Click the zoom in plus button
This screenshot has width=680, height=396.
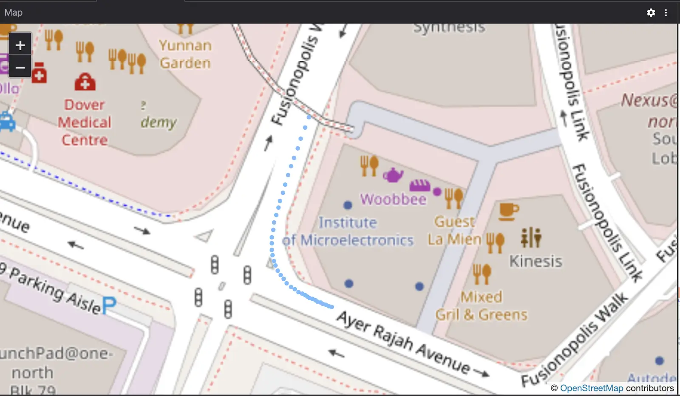[20, 45]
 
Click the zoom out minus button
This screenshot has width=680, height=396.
[20, 68]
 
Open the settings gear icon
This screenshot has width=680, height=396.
[651, 13]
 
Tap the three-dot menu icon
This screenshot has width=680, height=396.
[666, 13]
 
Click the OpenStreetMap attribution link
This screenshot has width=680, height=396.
[591, 388]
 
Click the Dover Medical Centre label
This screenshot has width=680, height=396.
[85, 123]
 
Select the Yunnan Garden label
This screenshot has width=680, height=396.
[185, 54]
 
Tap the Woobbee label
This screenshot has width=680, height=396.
[393, 199]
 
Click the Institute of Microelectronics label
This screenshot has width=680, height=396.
[348, 231]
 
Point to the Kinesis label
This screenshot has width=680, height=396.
[535, 261]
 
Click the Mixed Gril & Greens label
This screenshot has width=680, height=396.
[481, 306]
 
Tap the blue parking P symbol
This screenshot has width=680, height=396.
[109, 305]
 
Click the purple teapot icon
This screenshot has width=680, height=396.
[393, 174]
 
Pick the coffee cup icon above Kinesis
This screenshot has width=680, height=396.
[508, 211]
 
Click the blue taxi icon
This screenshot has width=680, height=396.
[7, 122]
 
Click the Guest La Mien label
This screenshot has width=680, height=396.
[454, 231]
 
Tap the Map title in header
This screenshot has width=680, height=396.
[14, 12]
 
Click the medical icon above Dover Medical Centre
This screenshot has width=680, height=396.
[85, 82]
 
